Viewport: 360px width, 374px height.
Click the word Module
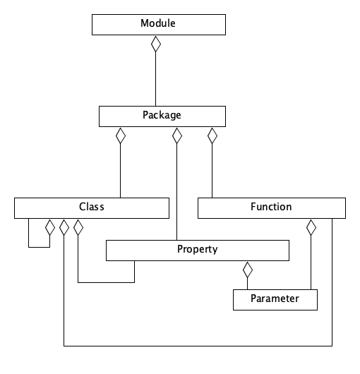point(158,23)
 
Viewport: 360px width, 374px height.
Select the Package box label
point(162,115)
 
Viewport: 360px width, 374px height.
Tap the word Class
point(92,207)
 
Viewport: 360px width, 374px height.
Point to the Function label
point(271,207)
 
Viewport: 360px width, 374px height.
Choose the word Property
point(198,249)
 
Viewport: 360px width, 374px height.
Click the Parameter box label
point(275,298)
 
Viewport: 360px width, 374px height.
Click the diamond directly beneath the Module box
point(156,44)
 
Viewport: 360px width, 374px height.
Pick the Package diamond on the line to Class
point(121,135)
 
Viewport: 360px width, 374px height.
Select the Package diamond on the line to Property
point(177,135)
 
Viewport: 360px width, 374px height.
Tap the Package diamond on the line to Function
point(212,135)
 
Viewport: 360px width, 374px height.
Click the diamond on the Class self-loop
point(50,227)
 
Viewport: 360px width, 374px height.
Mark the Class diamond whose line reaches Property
point(78,227)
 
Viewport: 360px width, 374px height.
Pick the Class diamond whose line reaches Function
point(64,227)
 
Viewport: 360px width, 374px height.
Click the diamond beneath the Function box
point(311,227)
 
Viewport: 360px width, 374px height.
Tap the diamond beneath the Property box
point(248,270)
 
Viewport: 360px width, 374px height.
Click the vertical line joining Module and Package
point(156,79)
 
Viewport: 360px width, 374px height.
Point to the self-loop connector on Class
point(39,247)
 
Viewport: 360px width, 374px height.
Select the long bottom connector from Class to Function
point(198,346)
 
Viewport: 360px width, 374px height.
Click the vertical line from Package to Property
point(176,192)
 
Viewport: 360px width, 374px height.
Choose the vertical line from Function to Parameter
point(311,263)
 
